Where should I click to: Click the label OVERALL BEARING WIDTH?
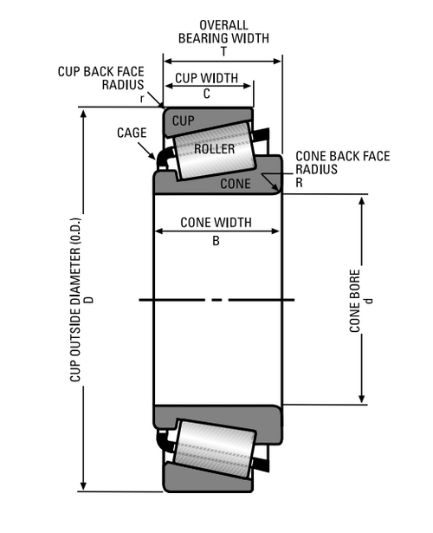click(x=223, y=31)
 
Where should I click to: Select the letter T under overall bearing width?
click(x=223, y=51)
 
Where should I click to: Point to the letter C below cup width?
click(x=207, y=93)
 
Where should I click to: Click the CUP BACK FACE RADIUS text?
click(x=101, y=78)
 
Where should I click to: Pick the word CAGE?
click(x=131, y=132)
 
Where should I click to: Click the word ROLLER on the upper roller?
click(x=215, y=148)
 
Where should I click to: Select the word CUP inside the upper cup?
click(x=184, y=119)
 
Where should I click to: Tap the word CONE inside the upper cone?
click(x=236, y=184)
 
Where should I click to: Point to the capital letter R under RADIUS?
click(x=299, y=183)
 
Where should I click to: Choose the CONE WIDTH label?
click(x=216, y=222)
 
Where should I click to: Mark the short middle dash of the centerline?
click(x=216, y=300)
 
